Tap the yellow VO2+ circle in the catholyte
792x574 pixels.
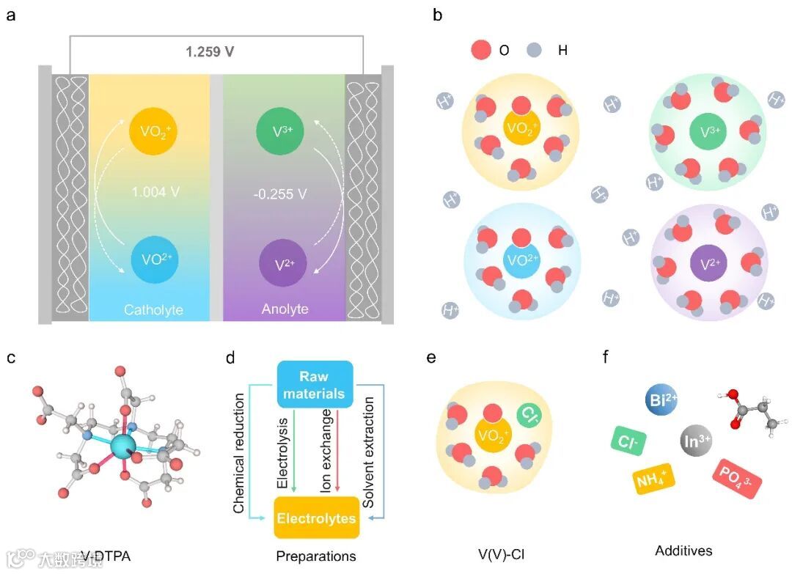click(153, 131)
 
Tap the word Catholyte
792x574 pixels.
click(153, 309)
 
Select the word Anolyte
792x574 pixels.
click(285, 309)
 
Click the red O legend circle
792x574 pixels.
click(481, 51)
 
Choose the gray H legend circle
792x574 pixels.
click(535, 51)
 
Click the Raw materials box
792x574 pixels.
click(315, 384)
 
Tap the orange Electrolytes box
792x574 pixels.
click(316, 518)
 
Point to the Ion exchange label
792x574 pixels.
click(327, 450)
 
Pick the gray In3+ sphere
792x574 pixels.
click(694, 442)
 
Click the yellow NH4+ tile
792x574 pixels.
click(653, 481)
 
